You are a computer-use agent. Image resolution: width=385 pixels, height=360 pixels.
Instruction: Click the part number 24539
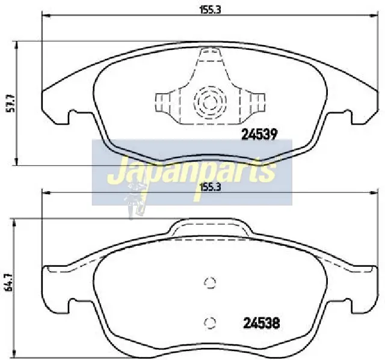[x=259, y=135]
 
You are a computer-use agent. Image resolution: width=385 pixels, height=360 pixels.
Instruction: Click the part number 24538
[x=262, y=323]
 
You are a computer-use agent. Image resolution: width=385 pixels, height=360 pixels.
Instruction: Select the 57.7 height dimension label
[x=11, y=103]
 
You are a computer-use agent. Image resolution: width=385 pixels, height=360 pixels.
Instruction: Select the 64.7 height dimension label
[x=9, y=282]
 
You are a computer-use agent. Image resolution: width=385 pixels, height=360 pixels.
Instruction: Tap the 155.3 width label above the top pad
[x=210, y=10]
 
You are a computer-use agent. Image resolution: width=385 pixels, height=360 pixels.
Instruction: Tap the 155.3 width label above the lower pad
[x=211, y=188]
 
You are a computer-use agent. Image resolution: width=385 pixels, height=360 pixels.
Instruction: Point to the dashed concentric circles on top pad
[x=210, y=101]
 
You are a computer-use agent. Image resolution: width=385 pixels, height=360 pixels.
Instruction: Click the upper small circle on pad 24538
[x=210, y=282]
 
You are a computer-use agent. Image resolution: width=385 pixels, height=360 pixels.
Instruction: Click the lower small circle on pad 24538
[x=210, y=323]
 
